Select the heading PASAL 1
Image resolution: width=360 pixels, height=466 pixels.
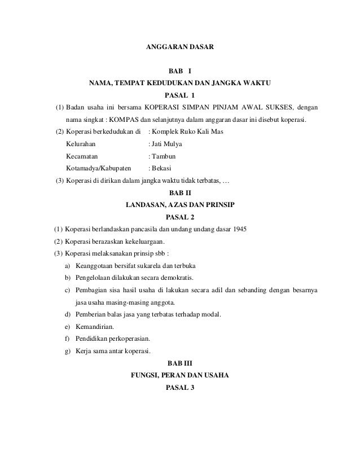click(x=180, y=94)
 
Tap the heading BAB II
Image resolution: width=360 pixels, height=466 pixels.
click(x=180, y=193)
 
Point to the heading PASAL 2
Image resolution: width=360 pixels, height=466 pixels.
click(x=180, y=216)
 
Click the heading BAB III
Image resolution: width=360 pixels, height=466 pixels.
click(x=180, y=363)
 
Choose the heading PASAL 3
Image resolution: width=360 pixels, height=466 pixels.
click(x=180, y=388)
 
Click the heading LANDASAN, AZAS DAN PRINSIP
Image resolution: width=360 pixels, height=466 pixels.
click(x=180, y=204)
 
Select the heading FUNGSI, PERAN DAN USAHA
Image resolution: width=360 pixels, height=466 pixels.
click(x=180, y=375)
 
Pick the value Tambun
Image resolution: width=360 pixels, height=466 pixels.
click(x=162, y=156)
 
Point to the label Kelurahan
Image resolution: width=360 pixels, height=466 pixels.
click(x=81, y=144)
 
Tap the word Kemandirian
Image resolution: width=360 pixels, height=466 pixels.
click(x=94, y=327)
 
